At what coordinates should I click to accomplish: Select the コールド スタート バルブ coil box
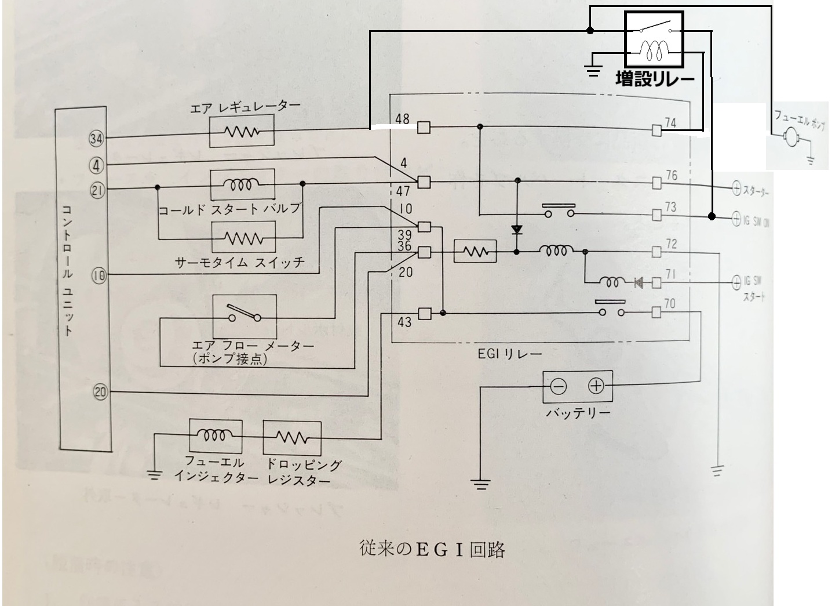(242, 184)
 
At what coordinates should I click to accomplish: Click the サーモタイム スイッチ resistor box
(242, 237)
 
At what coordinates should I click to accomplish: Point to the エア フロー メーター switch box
(244, 315)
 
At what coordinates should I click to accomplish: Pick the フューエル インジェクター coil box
(216, 437)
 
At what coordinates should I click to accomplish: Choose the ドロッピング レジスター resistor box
(292, 437)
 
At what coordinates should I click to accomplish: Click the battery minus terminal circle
(558, 386)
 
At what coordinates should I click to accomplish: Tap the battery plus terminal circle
(596, 386)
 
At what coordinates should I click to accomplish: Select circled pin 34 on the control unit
(96, 138)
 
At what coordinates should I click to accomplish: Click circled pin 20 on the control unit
(100, 393)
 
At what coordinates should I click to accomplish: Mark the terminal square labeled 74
(656, 130)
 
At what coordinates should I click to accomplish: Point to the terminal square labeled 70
(656, 313)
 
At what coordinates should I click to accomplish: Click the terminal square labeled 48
(424, 126)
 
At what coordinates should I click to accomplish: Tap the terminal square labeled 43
(424, 314)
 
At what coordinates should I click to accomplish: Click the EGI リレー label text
(509, 354)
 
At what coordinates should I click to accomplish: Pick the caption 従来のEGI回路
(432, 549)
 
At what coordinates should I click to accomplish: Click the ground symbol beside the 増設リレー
(593, 71)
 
